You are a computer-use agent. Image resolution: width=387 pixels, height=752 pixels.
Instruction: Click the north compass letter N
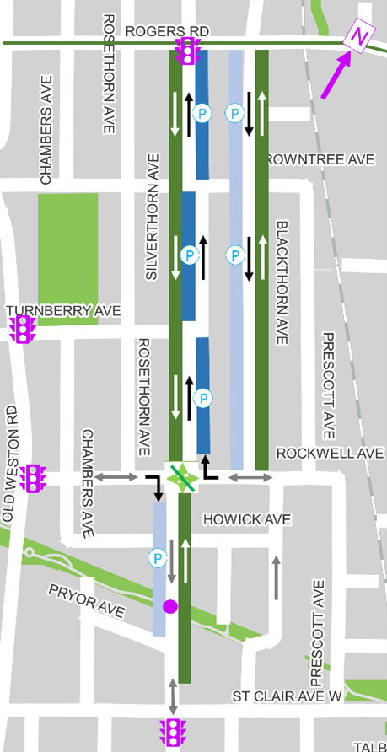(360, 37)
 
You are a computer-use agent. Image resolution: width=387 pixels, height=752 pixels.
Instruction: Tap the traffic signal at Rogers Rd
(185, 53)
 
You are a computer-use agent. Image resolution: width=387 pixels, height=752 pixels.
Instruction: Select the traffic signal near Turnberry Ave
(23, 329)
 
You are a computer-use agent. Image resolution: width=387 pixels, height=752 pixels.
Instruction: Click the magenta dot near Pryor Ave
(170, 605)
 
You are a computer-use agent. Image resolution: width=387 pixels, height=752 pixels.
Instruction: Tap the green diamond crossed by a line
(183, 476)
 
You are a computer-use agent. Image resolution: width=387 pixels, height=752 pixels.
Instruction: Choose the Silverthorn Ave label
(153, 217)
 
